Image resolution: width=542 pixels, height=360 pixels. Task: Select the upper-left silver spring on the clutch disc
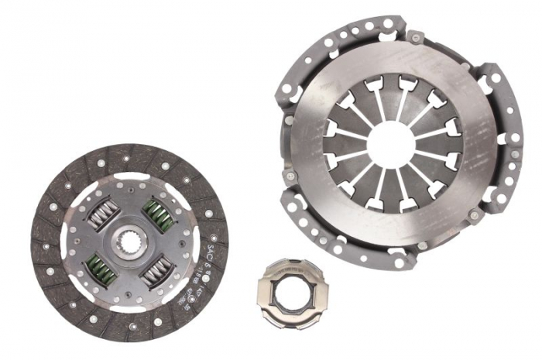102,214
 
